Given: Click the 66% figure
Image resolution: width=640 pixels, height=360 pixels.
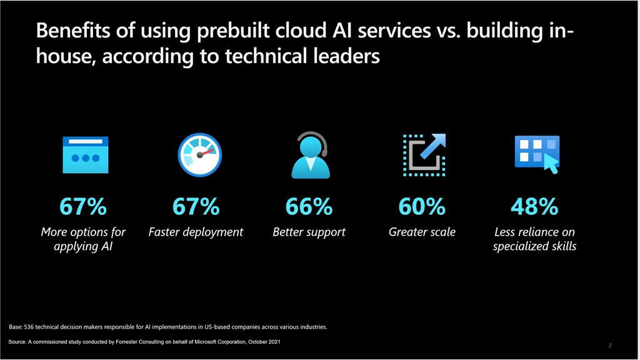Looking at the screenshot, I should pyautogui.click(x=309, y=206).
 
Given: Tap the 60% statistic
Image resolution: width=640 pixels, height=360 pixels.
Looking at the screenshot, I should pyautogui.click(x=422, y=206).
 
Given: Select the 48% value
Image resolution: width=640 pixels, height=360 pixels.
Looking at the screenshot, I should pyautogui.click(x=534, y=206).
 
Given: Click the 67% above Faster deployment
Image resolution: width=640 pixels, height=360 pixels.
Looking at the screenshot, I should pyautogui.click(x=196, y=206).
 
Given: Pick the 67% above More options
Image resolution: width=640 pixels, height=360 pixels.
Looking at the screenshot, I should pyautogui.click(x=83, y=206).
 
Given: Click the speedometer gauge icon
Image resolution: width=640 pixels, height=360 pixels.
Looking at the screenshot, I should pyautogui.click(x=199, y=155).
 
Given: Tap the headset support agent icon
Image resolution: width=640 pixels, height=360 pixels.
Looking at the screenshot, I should pyautogui.click(x=310, y=155).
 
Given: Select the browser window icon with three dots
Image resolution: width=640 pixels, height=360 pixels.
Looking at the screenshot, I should pyautogui.click(x=85, y=155).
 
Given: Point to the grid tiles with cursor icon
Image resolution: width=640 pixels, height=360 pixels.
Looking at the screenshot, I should pyautogui.click(x=536, y=154).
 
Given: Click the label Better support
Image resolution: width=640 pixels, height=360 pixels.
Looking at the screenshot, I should pyautogui.click(x=309, y=232).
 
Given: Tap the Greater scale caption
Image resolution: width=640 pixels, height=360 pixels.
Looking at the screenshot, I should pyautogui.click(x=422, y=232).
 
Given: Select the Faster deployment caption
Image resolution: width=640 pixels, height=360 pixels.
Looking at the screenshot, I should pyautogui.click(x=196, y=232).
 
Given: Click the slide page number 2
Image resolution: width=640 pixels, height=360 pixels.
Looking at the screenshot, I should pyautogui.click(x=609, y=345).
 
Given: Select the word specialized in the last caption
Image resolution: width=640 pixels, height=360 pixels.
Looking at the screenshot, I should pyautogui.click(x=518, y=246).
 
